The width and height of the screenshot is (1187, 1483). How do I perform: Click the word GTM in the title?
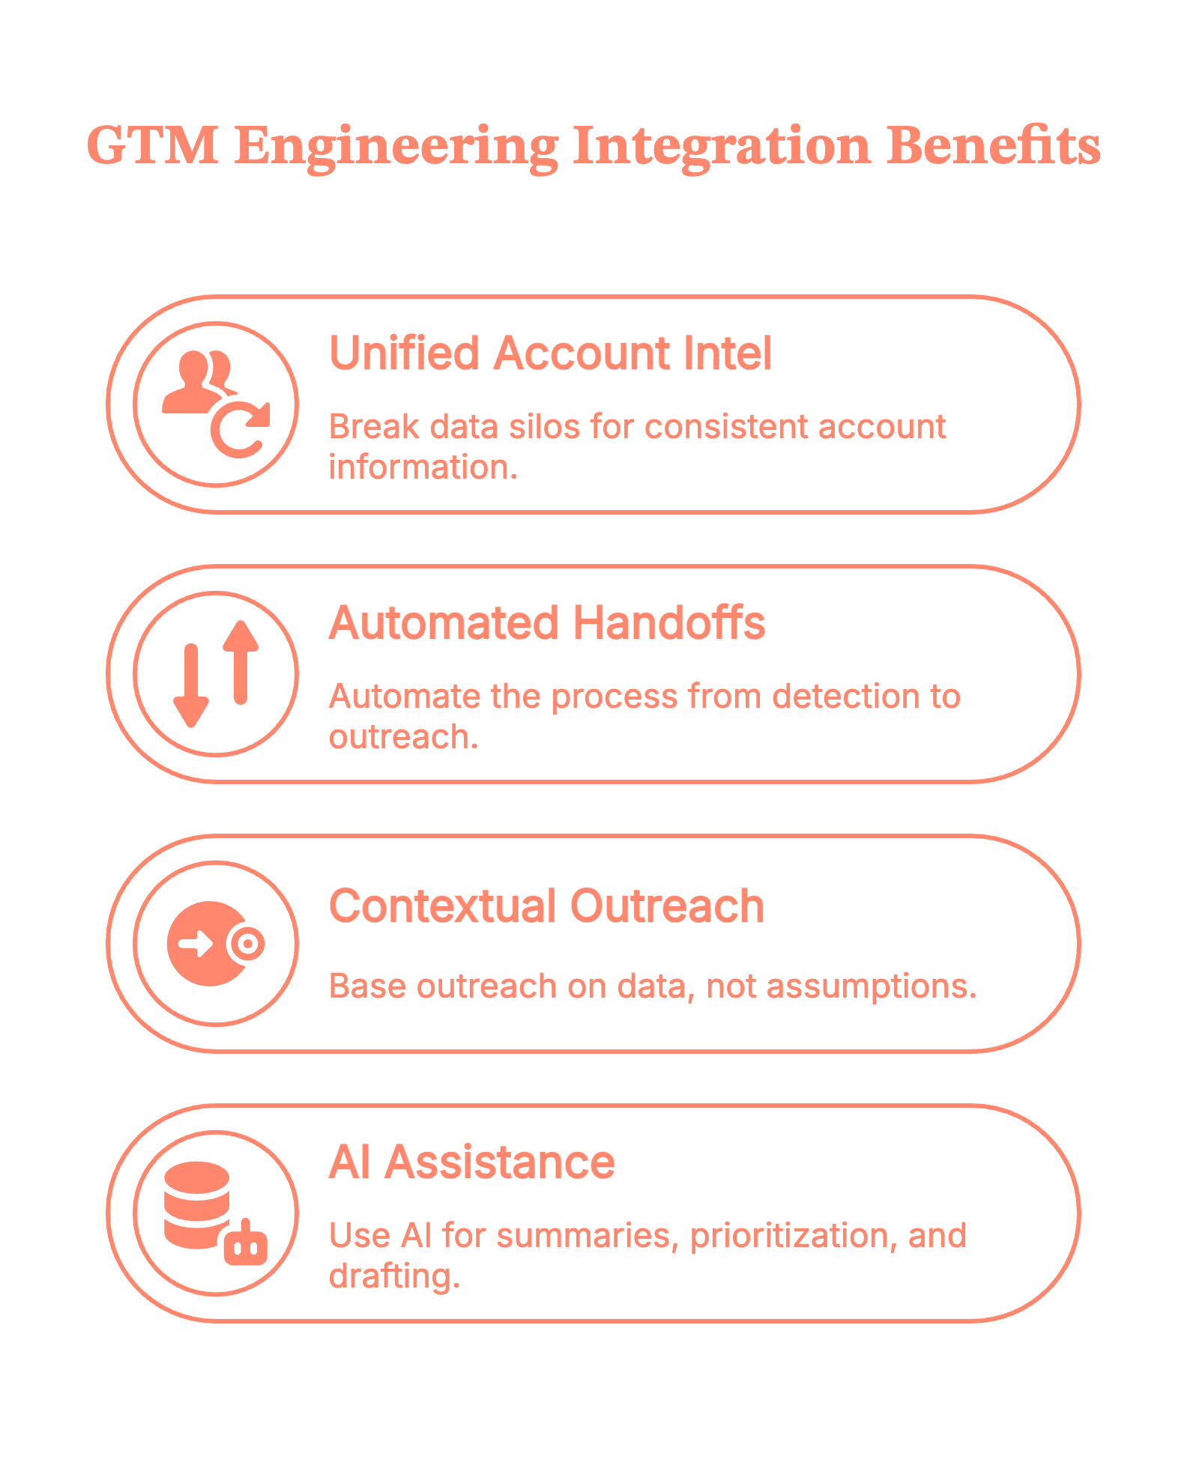click(x=152, y=145)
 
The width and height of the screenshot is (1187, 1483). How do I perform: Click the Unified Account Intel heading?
click(x=550, y=354)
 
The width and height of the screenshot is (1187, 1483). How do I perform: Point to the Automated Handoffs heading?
click(x=547, y=623)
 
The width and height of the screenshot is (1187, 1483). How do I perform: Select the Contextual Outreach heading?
click(x=546, y=907)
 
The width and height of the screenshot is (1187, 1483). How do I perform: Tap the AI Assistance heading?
click(x=471, y=1162)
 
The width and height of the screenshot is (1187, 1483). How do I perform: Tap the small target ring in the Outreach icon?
click(x=247, y=944)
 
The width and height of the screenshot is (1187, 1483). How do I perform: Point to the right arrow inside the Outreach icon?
click(x=196, y=944)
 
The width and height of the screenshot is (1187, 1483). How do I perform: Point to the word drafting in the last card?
click(x=394, y=1277)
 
